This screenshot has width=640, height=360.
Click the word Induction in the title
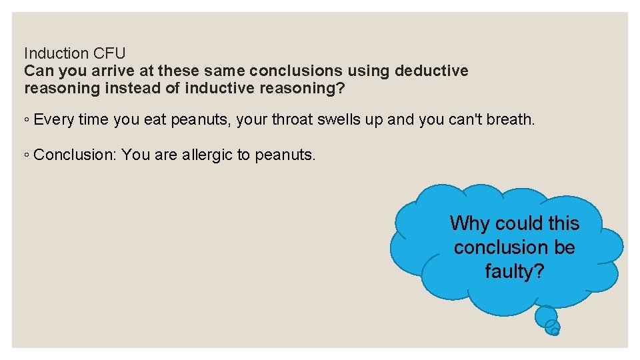click(x=55, y=53)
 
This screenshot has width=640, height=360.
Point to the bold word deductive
click(x=432, y=71)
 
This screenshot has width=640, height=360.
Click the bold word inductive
click(x=217, y=88)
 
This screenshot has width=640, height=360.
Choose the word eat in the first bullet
click(x=155, y=120)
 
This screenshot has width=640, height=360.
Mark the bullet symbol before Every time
click(x=26, y=121)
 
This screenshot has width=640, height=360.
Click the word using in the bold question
click(x=370, y=71)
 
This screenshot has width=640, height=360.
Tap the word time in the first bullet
click(x=93, y=120)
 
